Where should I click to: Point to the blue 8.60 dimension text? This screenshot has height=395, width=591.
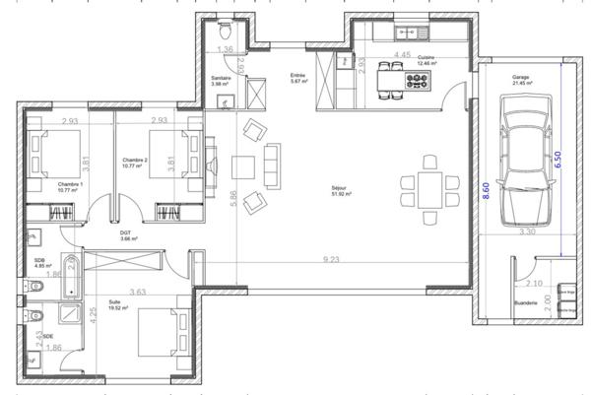(486, 191)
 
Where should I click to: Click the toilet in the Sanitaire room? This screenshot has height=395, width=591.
(225, 27)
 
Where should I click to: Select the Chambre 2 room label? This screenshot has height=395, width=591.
(135, 161)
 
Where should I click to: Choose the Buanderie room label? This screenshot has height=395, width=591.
(525, 302)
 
